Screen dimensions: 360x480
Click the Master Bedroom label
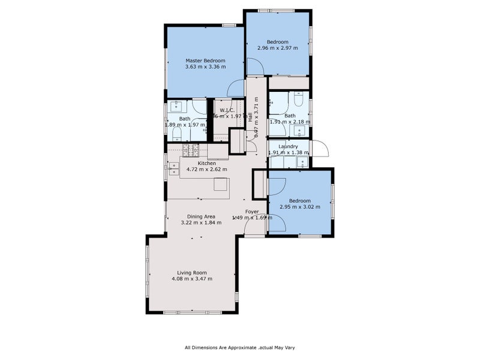(205, 61)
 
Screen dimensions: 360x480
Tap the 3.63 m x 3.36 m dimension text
(205, 67)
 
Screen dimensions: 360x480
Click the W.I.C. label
(226, 110)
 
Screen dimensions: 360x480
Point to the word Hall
(250, 118)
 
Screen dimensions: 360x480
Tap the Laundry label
(288, 146)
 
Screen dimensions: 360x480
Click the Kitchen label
(207, 163)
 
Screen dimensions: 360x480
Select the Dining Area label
(201, 216)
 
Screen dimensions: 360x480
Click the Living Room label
(191, 272)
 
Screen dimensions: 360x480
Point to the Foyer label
(252, 211)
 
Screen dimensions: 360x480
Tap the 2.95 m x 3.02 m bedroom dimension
(299, 207)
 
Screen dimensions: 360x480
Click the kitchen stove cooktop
(191, 150)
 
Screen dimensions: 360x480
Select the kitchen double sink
(174, 169)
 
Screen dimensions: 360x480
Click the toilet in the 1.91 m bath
(299, 98)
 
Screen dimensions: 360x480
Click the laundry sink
(302, 161)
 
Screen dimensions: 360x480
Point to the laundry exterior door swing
(319, 146)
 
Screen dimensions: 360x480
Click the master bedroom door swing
(236, 88)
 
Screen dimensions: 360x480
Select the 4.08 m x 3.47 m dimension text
(191, 278)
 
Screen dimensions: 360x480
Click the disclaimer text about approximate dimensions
(239, 347)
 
